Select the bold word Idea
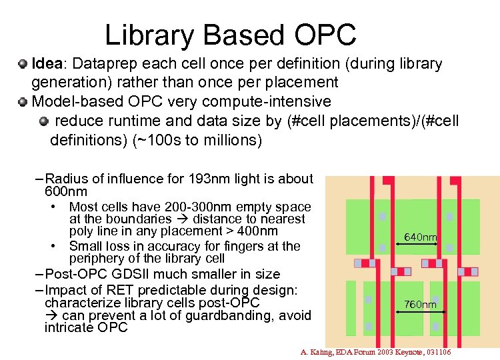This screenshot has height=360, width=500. (47, 64)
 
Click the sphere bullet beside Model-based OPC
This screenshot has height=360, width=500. (23, 102)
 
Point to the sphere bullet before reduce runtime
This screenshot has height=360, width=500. (44, 121)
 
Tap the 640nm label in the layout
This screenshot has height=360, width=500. (420, 237)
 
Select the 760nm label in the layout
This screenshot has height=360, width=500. (420, 305)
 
